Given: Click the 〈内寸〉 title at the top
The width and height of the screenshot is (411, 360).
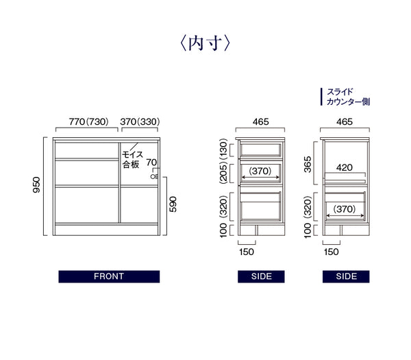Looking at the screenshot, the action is (205, 43).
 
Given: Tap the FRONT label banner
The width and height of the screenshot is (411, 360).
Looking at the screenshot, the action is (109, 276).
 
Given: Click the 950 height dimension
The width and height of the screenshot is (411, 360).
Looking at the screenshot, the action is (37, 184).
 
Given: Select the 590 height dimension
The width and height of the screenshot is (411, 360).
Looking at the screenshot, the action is (173, 204).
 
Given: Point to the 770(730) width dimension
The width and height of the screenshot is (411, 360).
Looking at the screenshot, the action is (88, 122).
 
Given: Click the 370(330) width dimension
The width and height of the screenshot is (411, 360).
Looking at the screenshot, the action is (140, 122).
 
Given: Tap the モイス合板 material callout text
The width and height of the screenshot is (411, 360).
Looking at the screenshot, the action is (132, 159).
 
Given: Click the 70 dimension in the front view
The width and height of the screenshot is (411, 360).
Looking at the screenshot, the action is (151, 163).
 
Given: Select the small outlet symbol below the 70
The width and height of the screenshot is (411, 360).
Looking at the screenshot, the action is (154, 177).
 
